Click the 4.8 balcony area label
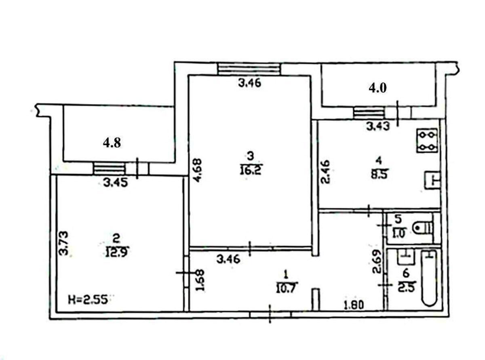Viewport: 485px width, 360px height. (112, 143)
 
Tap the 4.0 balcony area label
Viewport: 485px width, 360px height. (377, 88)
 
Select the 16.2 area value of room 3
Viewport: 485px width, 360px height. (251, 169)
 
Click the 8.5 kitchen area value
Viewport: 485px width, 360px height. (379, 175)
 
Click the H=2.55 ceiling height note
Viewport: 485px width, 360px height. (89, 300)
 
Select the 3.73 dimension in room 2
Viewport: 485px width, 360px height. (64, 243)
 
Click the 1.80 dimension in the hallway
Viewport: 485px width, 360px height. (354, 305)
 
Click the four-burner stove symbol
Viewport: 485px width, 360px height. (427, 140)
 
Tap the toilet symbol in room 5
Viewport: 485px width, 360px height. (423, 228)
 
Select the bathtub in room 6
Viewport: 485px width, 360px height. (430, 278)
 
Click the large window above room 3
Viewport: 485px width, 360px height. (249, 69)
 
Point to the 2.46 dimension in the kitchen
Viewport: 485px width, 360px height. (325, 172)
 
